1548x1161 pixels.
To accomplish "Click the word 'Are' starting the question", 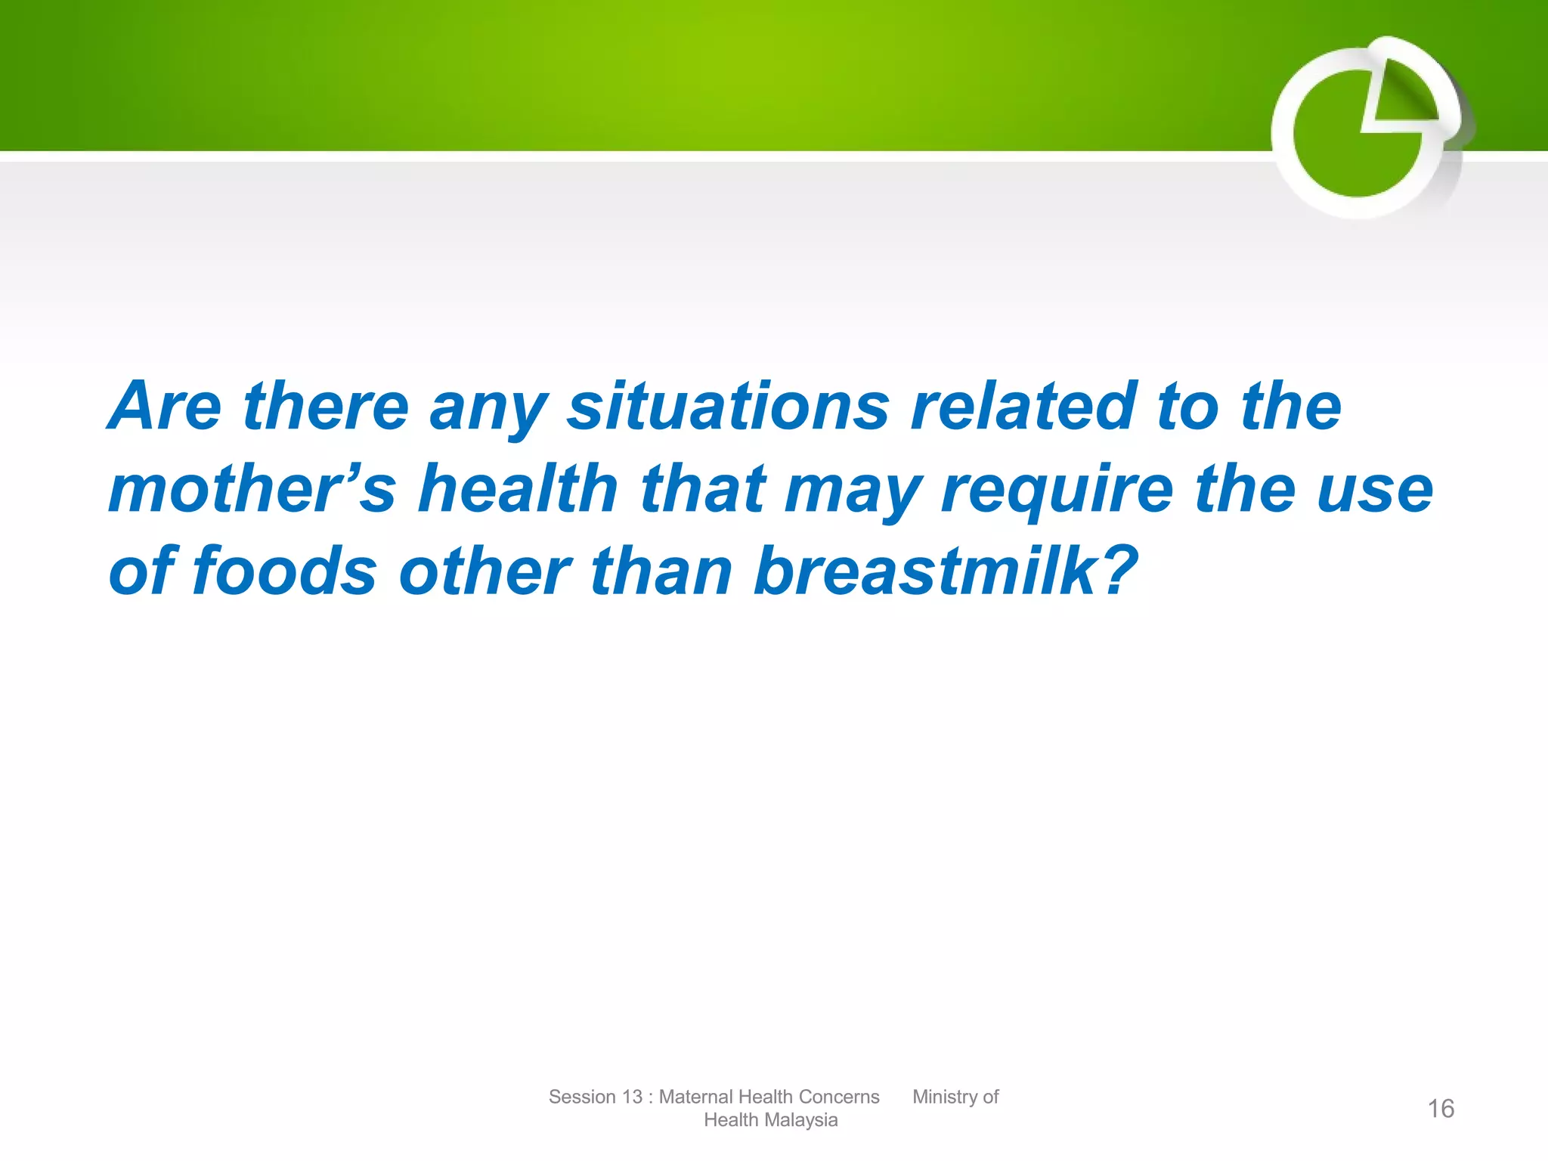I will click(166, 407).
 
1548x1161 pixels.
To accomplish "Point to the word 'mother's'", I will click(252, 489).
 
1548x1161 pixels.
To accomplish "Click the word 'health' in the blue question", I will click(518, 489).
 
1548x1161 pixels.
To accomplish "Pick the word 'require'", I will click(1057, 489).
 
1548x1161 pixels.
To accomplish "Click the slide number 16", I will click(1440, 1109).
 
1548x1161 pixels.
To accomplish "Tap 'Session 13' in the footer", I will click(595, 1097).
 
